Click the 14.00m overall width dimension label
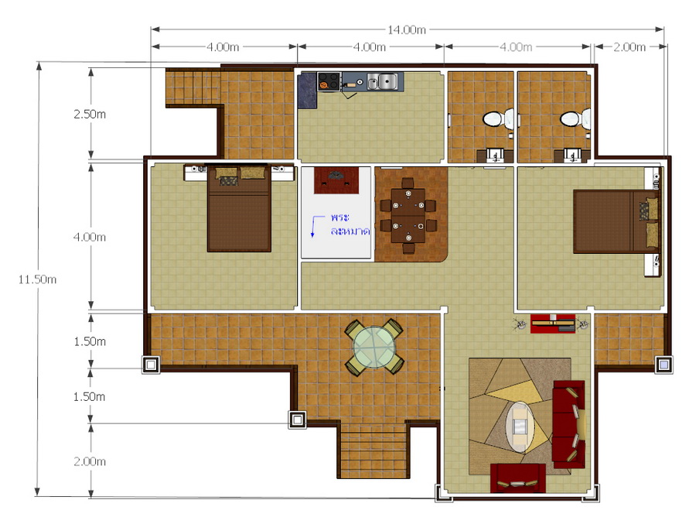click(x=407, y=29)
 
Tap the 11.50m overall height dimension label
click(x=37, y=279)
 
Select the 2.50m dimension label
click(x=90, y=114)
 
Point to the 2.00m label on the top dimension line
click(x=629, y=47)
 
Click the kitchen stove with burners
click(x=329, y=82)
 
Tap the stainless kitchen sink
click(x=382, y=82)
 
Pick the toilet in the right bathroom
click(x=572, y=118)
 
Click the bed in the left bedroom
click(x=239, y=208)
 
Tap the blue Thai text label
click(x=350, y=224)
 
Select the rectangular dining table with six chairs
click(x=408, y=215)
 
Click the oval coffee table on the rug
click(x=520, y=427)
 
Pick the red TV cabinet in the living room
click(x=553, y=324)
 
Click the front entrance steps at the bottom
click(x=374, y=449)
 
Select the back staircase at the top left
click(x=193, y=87)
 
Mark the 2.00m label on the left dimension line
click(x=90, y=461)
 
